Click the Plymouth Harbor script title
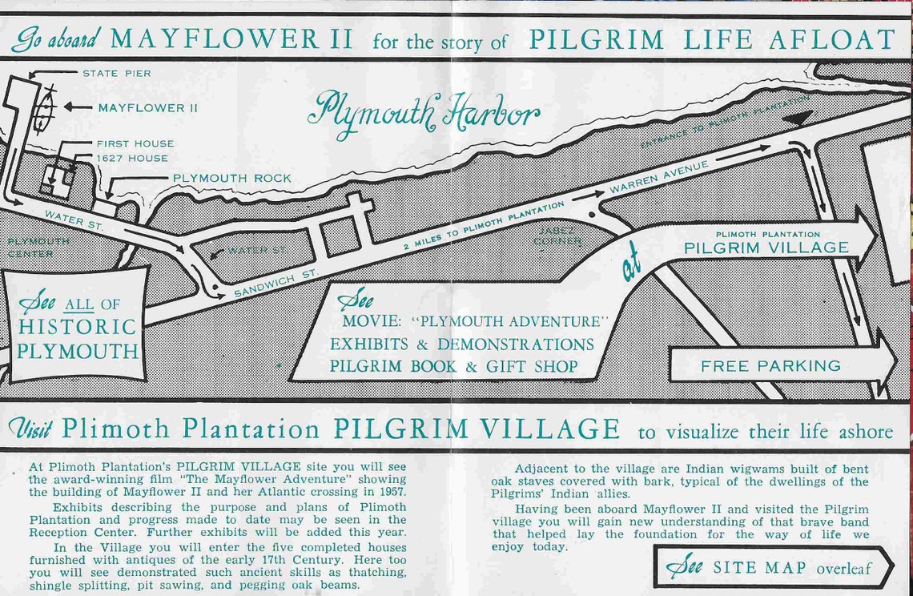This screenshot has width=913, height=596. tap(426, 112)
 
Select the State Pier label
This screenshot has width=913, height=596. tap(116, 74)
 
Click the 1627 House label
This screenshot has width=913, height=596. tap(132, 159)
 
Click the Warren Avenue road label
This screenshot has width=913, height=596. tap(659, 178)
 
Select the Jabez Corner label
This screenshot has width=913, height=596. tap(559, 236)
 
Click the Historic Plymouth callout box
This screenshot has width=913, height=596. tap(77, 326)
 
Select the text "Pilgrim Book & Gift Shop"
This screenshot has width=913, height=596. tap(453, 366)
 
